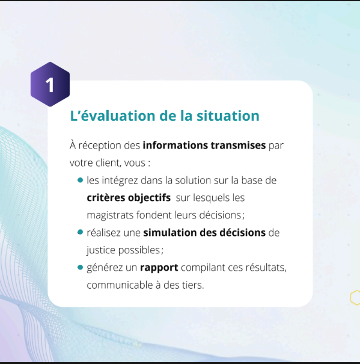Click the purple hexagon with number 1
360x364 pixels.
pyautogui.click(x=50, y=84)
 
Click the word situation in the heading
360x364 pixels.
pyautogui.click(x=228, y=116)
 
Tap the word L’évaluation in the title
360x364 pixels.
pyautogui.click(x=112, y=116)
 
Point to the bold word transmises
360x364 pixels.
pyautogui.click(x=238, y=146)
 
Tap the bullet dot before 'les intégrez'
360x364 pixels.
pyautogui.click(x=81, y=180)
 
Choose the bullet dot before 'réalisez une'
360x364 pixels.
pyautogui.click(x=81, y=232)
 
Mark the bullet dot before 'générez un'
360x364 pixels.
pyautogui.click(x=81, y=267)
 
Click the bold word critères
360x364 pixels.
pyautogui.click(x=106, y=198)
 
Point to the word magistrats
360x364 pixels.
pyautogui.click(x=110, y=215)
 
